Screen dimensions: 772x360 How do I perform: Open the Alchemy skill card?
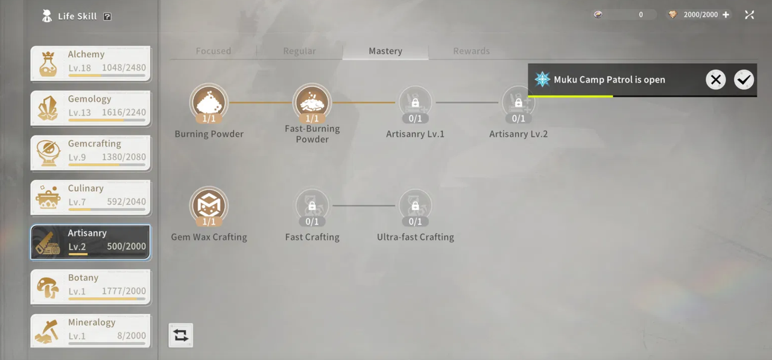90,64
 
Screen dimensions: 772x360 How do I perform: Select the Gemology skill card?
90,109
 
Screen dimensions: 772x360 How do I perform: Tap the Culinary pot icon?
48,198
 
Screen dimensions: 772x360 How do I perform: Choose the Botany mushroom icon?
48,287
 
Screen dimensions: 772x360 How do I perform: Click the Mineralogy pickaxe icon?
48,332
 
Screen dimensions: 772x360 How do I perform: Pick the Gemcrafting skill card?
90,153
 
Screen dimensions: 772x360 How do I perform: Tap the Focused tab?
214,51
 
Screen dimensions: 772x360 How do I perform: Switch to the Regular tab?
300,51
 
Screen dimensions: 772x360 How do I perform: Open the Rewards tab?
472,51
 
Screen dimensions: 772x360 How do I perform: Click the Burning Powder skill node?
209,103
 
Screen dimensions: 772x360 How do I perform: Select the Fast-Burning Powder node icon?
312,103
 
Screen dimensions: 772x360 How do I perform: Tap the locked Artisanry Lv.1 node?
416,103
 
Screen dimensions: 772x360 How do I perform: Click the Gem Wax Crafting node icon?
209,206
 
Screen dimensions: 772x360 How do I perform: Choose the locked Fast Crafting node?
312,206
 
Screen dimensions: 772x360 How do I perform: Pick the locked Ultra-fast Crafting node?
416,206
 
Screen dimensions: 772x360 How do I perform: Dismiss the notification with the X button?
715,80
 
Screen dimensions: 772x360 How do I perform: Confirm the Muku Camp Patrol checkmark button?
744,80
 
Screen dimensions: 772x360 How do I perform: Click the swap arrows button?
180,335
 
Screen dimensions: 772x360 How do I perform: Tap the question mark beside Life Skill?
107,16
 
